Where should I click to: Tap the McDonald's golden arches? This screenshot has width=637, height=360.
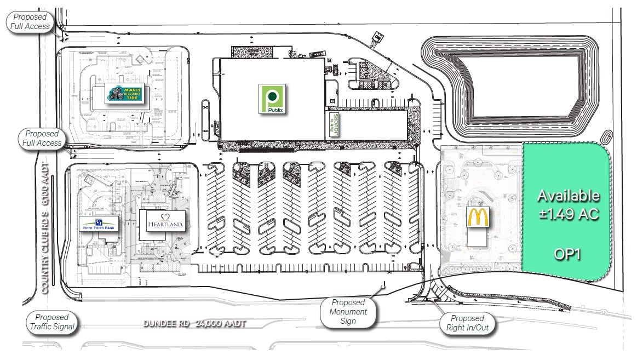477,217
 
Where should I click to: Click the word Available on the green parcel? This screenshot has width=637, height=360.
568,195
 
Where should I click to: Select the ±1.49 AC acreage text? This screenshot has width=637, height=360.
568,214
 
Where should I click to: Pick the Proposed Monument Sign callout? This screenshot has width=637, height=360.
348,311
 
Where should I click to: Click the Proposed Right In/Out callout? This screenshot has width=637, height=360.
467,323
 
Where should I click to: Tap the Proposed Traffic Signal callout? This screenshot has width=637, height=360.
51,322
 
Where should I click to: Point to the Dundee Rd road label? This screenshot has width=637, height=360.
164,324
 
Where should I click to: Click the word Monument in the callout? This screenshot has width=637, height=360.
348,311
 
